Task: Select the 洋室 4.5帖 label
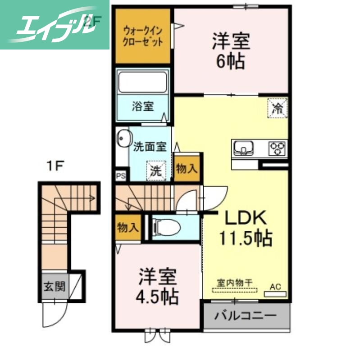tap(157, 286)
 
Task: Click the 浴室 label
tap(142, 107)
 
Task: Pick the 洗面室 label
tap(150, 146)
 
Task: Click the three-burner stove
tap(277, 148)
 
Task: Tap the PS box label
tap(121, 175)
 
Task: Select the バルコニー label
tap(245, 315)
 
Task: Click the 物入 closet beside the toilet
tap(128, 227)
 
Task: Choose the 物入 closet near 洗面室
tap(186, 169)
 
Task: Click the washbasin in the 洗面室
tap(123, 138)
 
